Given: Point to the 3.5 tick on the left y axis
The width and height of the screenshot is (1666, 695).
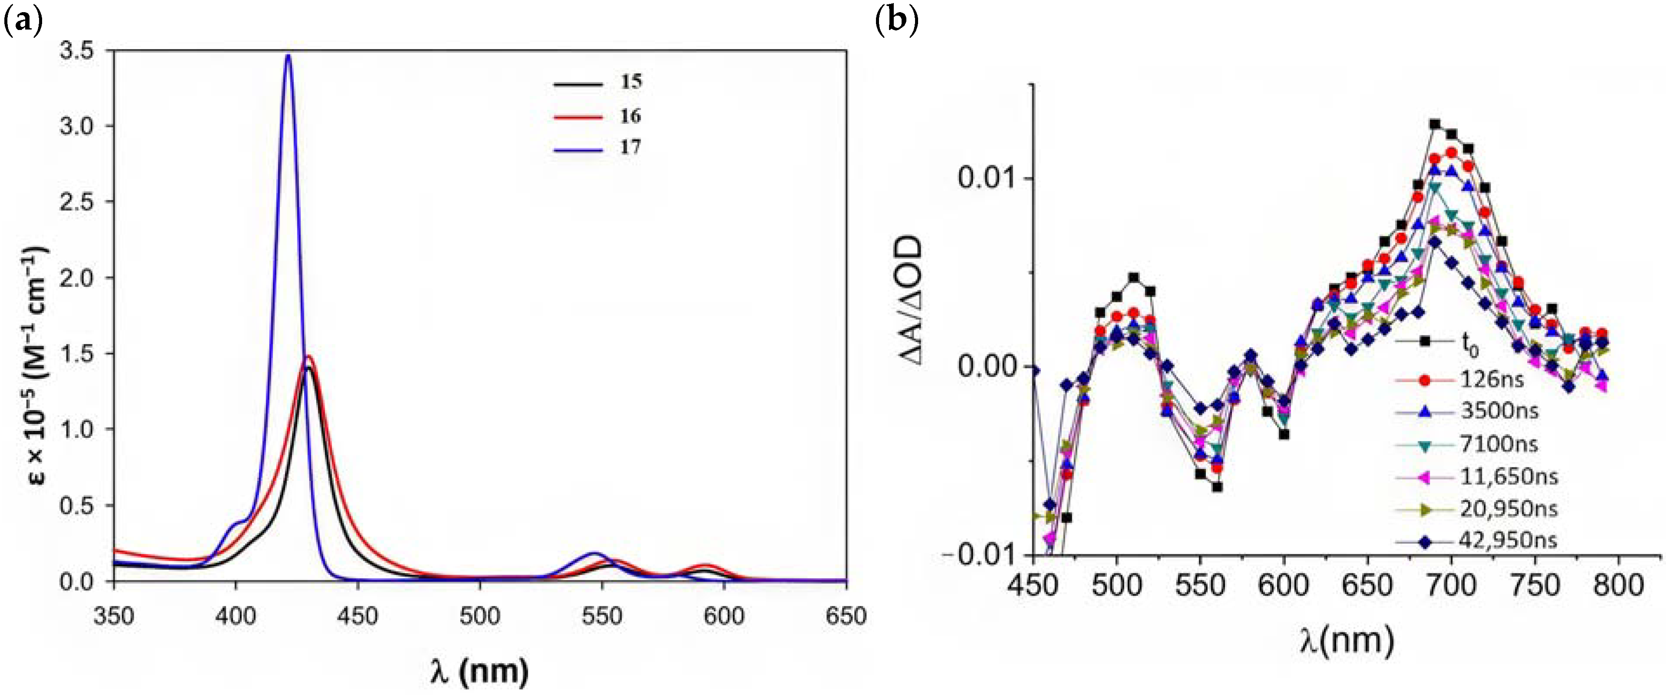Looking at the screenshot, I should coord(76,50).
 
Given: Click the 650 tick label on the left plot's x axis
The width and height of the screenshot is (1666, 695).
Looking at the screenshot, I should coord(845,616).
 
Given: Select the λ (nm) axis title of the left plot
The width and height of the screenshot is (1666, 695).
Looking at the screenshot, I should coord(479,672).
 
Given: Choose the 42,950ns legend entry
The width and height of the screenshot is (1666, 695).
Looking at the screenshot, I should coord(1507,540).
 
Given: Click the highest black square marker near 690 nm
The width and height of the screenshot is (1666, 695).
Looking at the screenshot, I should coord(1435,124).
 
